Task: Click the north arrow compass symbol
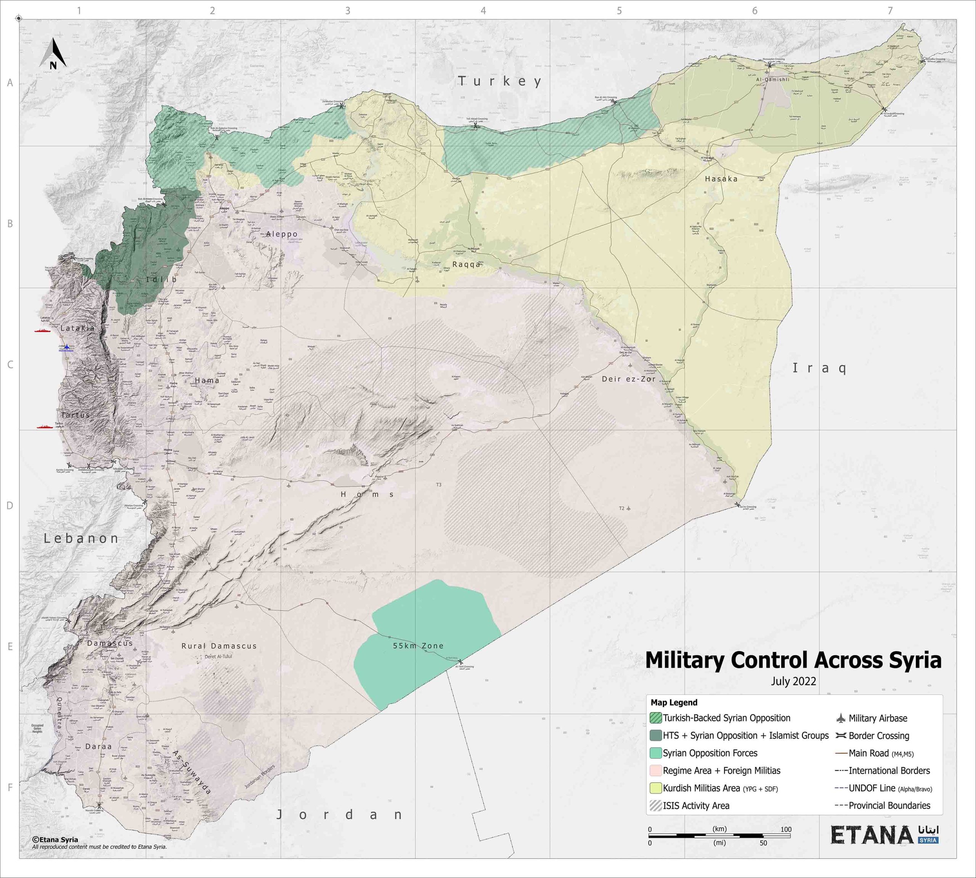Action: [x=53, y=55]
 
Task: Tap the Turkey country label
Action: [x=499, y=81]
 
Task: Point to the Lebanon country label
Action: [x=81, y=538]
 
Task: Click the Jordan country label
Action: [x=340, y=815]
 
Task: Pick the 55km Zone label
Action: [x=418, y=645]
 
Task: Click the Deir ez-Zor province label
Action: [x=628, y=379]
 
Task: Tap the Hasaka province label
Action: [x=721, y=179]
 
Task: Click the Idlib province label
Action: [x=161, y=279]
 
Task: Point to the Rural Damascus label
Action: [x=219, y=645]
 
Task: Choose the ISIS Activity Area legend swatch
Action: [x=656, y=806]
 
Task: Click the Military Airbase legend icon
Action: [x=841, y=718]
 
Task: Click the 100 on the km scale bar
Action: [x=785, y=829]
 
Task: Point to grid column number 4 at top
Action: [x=483, y=11]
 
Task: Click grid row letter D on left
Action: [x=10, y=506]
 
